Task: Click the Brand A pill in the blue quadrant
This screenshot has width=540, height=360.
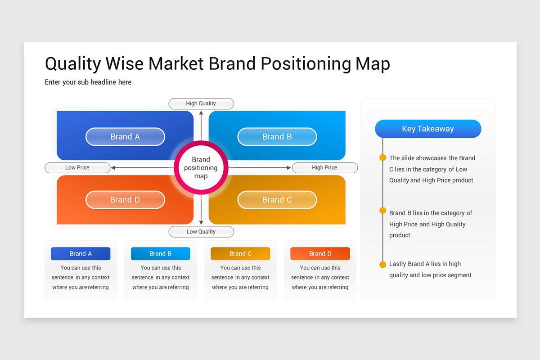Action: click(125, 137)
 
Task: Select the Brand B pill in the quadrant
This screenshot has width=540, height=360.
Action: click(277, 137)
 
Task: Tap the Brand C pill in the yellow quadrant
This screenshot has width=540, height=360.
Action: click(277, 200)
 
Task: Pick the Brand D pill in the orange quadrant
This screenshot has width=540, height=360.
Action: click(125, 200)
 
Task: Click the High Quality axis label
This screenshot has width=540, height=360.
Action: click(201, 103)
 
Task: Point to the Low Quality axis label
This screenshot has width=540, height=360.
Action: click(201, 232)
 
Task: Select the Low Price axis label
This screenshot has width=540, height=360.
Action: click(77, 167)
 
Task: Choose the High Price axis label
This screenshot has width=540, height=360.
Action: click(324, 167)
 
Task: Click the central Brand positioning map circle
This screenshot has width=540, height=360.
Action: click(201, 167)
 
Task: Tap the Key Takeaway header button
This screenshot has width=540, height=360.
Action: click(428, 129)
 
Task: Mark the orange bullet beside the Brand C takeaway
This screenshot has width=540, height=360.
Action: click(383, 157)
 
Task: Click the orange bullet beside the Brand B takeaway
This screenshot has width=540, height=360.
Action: click(383, 211)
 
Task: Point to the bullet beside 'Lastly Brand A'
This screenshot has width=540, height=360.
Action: click(383, 264)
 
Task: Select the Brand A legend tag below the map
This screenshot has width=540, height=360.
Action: click(81, 254)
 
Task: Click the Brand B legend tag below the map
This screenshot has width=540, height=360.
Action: click(161, 254)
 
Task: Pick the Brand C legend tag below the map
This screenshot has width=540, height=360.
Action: click(240, 254)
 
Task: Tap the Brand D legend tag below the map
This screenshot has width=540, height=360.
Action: click(320, 254)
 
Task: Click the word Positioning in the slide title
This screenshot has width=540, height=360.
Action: click(306, 64)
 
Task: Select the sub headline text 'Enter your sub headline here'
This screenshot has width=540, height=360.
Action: click(88, 82)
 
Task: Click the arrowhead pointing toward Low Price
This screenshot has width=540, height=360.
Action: click(113, 167)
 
